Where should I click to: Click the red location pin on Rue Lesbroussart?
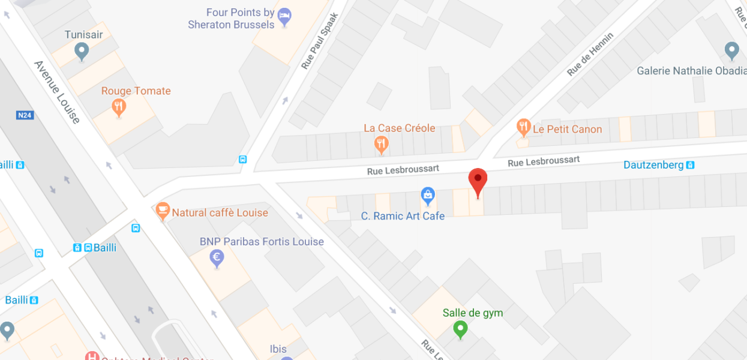pyautogui.click(x=478, y=180)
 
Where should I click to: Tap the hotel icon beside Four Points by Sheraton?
pyautogui.click(x=285, y=17)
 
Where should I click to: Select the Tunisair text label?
pyautogui.click(x=83, y=35)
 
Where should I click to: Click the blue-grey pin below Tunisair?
pyautogui.click(x=82, y=51)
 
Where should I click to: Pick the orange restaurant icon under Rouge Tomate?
pyautogui.click(x=119, y=108)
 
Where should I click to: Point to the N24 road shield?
pyautogui.click(x=25, y=115)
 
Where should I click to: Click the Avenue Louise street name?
pyautogui.click(x=58, y=92)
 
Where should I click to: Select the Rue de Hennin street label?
pyautogui.click(x=590, y=54)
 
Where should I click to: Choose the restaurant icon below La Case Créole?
pyautogui.click(x=381, y=143)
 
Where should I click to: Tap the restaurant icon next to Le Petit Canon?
pyautogui.click(x=524, y=127)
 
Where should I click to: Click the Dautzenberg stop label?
pyautogui.click(x=653, y=164)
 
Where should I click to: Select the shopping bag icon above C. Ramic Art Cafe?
pyautogui.click(x=427, y=195)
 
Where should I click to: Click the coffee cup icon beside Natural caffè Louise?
pyautogui.click(x=162, y=211)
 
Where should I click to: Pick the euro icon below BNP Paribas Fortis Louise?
pyautogui.click(x=217, y=259)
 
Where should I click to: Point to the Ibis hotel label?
pyautogui.click(x=278, y=349)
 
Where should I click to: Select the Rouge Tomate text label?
pyautogui.click(x=136, y=91)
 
